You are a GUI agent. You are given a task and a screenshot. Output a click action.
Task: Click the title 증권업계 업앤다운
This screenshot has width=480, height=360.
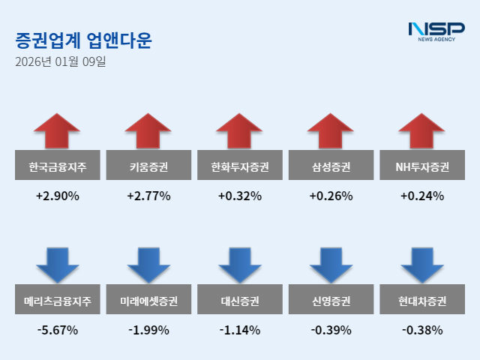(83, 40)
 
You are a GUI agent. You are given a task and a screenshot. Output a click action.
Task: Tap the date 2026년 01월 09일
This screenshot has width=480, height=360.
(61, 61)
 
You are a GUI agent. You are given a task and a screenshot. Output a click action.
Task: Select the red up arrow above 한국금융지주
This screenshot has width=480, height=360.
(57, 130)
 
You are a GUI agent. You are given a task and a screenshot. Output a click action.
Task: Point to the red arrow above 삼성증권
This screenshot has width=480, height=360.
(331, 130)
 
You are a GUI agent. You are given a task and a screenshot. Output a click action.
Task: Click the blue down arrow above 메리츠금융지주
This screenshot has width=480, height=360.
(57, 264)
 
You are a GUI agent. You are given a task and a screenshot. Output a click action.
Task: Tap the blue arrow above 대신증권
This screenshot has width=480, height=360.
(240, 264)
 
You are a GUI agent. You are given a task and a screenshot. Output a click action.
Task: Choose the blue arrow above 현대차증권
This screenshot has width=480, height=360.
(422, 264)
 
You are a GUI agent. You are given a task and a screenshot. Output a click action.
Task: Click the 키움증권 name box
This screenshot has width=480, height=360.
(148, 166)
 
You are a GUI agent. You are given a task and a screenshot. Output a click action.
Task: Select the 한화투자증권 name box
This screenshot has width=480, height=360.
(240, 166)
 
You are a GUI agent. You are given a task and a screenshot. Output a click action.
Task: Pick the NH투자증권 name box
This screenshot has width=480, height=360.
(422, 166)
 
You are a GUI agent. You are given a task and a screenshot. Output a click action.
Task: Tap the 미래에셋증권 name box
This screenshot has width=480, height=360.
(148, 302)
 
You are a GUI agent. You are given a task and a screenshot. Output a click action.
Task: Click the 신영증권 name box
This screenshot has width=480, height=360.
(331, 302)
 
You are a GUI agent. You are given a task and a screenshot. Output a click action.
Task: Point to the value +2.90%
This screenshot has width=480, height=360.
(57, 196)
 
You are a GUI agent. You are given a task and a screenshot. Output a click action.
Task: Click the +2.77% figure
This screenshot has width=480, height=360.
(148, 196)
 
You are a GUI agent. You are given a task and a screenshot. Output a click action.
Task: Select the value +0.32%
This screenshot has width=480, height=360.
(240, 196)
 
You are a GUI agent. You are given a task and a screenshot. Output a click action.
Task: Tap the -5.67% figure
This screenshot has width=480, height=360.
(57, 330)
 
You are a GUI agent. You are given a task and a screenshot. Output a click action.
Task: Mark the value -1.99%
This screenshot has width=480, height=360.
(148, 330)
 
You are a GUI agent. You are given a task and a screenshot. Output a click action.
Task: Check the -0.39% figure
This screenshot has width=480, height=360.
(331, 330)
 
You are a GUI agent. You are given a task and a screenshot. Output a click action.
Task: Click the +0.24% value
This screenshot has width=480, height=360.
(422, 196)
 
